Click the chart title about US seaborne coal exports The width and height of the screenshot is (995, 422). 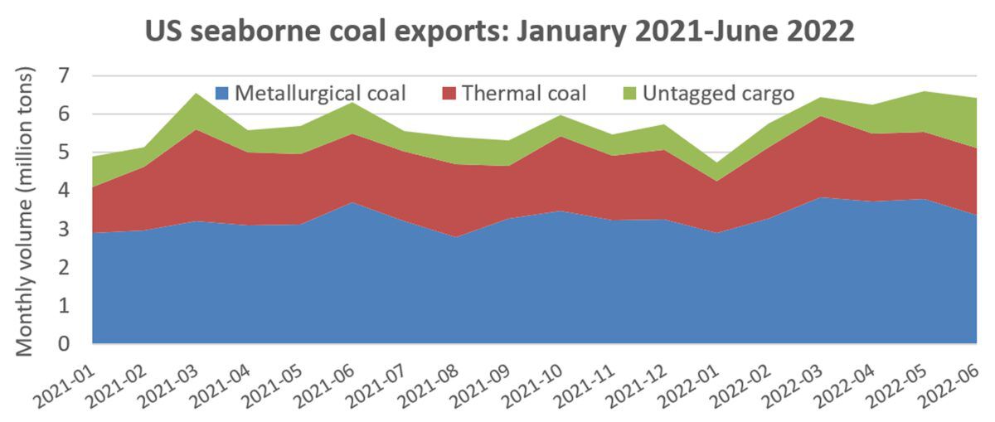coord(499,32)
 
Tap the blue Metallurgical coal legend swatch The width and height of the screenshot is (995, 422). coord(221,93)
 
